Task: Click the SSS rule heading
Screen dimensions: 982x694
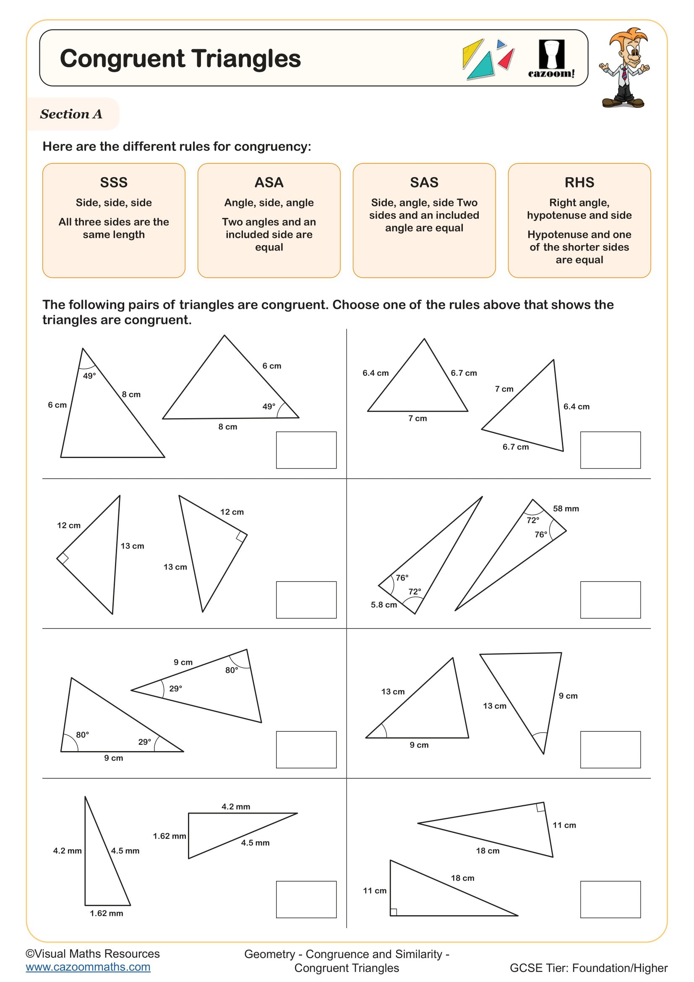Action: (x=114, y=182)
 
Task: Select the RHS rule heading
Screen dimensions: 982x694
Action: (x=579, y=182)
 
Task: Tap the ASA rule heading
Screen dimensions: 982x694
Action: (x=269, y=182)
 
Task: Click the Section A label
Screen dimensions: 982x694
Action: (x=71, y=114)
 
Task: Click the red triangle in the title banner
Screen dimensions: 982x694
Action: (x=507, y=59)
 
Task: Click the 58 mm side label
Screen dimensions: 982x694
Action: (x=566, y=508)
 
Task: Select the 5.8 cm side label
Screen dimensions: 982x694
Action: (x=384, y=605)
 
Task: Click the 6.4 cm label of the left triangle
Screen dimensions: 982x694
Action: (x=376, y=373)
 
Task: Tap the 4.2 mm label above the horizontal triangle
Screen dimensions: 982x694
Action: (x=236, y=807)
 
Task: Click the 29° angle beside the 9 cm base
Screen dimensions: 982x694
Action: (x=144, y=741)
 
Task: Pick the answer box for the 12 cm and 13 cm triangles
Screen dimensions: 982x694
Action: (x=306, y=600)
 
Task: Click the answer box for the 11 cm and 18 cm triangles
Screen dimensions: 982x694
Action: (x=610, y=899)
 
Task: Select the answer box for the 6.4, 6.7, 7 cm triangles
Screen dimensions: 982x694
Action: (x=610, y=450)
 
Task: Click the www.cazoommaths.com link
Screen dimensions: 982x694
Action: (x=88, y=967)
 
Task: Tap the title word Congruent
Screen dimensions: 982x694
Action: (x=122, y=59)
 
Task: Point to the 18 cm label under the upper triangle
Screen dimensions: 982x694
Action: (x=488, y=851)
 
